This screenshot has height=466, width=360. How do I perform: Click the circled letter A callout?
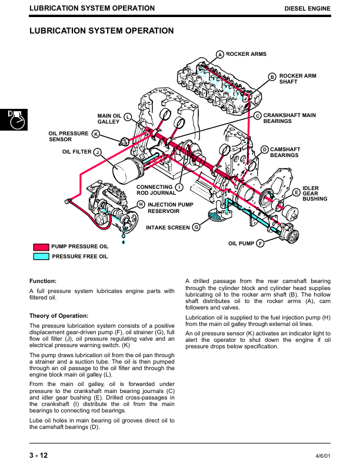click(x=220, y=54)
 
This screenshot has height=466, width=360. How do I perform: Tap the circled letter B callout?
click(x=272, y=77)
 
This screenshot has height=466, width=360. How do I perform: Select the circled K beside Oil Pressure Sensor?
click(x=96, y=134)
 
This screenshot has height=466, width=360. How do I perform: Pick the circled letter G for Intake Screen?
click(x=196, y=227)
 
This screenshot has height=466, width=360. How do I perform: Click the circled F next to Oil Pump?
click(x=260, y=244)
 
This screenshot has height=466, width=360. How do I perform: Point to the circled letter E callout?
click(x=296, y=192)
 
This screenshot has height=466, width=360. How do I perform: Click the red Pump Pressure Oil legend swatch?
click(x=41, y=247)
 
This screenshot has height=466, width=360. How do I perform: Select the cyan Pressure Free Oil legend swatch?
click(x=41, y=257)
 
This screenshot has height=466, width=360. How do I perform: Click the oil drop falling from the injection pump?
click(x=124, y=242)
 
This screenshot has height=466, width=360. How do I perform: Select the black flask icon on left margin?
click(x=14, y=120)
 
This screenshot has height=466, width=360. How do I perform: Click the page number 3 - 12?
click(x=39, y=455)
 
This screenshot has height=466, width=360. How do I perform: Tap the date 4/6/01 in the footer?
click(x=323, y=456)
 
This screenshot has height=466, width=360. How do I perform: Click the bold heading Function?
click(x=43, y=281)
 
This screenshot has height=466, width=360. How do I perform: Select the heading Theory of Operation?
click(x=59, y=315)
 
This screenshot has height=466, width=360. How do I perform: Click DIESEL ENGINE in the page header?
click(x=308, y=9)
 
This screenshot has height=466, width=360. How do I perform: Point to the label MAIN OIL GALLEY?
click(x=109, y=119)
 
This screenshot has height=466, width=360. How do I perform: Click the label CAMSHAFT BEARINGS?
click(x=285, y=152)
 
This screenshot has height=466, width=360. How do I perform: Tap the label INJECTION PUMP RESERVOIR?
click(x=171, y=208)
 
